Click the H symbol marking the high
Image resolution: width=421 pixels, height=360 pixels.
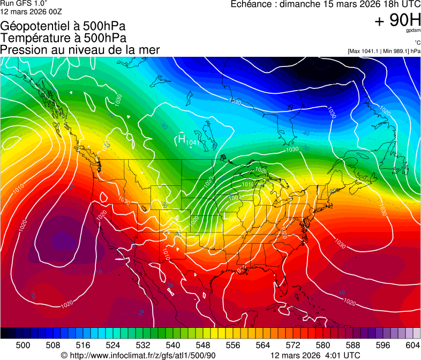182,139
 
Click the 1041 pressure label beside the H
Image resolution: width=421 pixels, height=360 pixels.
193,142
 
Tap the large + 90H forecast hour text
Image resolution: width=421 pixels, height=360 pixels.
397,20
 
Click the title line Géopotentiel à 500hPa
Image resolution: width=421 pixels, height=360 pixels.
63,26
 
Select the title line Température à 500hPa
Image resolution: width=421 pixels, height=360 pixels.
63,37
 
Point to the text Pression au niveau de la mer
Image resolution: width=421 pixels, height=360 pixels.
80,49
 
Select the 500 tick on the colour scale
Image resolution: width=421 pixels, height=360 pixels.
23,344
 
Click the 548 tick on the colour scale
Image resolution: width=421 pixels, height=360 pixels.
203,344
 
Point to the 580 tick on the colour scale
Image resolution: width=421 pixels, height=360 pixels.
323,344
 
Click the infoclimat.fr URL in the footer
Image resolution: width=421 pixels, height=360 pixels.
142,355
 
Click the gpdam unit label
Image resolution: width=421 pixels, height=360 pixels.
412,31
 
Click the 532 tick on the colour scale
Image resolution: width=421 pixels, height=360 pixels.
143,344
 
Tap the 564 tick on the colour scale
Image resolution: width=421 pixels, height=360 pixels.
263,344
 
